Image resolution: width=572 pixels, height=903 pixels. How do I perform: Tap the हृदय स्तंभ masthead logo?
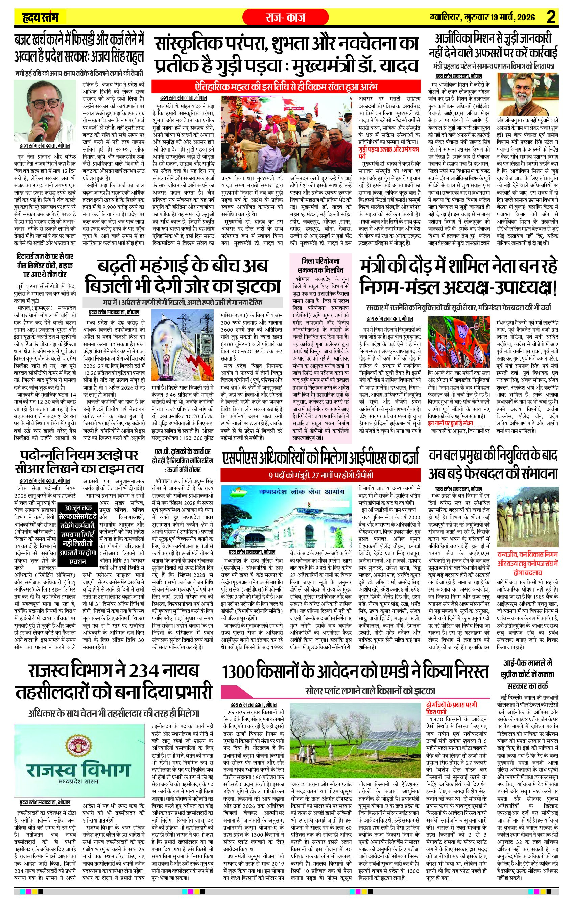coord(39,17)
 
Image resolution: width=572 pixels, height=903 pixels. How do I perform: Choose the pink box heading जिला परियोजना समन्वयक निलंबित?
coord(320,265)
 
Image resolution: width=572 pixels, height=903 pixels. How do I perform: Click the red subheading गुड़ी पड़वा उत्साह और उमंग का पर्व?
coord(388,152)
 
